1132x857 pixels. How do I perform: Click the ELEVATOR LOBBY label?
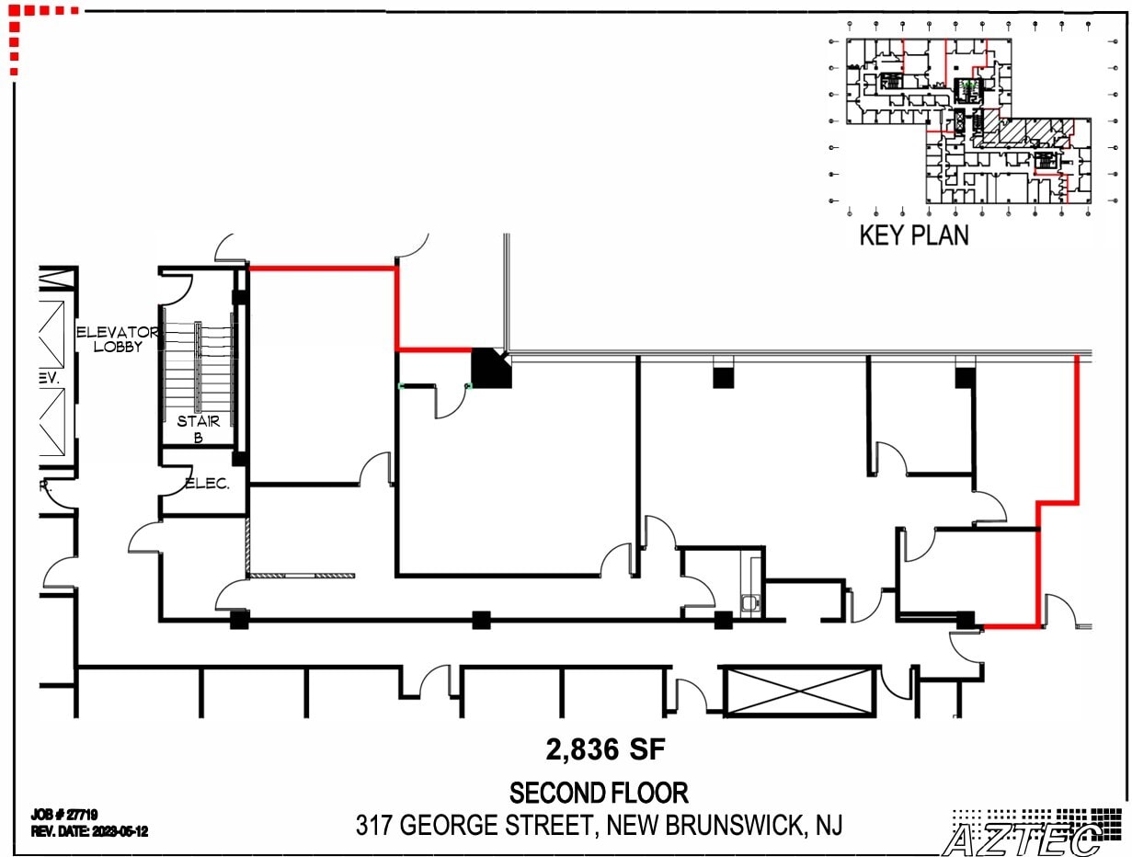point(117,338)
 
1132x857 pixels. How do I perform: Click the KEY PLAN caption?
point(913,235)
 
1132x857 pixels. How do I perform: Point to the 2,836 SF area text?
point(604,750)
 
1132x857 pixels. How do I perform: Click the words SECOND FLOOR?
point(599,793)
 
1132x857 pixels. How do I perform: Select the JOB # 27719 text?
point(64,815)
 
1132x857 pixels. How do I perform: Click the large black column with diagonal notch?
point(490,368)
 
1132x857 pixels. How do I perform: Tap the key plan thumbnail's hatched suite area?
point(1021,132)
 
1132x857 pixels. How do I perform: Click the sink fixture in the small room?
point(750,602)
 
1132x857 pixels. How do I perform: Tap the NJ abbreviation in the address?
point(828,826)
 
